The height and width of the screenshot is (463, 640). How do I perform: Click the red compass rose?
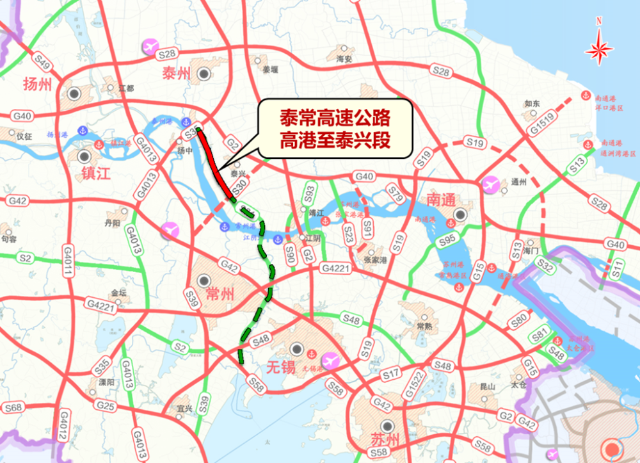pyautogui.click(x=599, y=48)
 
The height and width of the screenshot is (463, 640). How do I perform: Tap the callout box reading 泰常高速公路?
pyautogui.click(x=334, y=129)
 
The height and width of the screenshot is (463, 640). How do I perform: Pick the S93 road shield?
pyautogui.click(x=309, y=192)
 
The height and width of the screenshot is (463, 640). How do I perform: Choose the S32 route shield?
pyautogui.click(x=545, y=263)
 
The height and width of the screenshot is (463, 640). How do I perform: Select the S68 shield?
pyautogui.click(x=13, y=408)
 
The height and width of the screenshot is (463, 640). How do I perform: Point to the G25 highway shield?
pyautogui.click(x=106, y=405)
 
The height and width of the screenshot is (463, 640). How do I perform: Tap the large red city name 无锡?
pyautogui.click(x=281, y=367)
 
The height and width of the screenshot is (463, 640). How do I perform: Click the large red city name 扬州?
pyautogui.click(x=40, y=85)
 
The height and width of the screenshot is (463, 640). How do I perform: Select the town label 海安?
pyautogui.click(x=344, y=59)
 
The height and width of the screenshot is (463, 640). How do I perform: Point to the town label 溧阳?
pyautogui.click(x=107, y=382)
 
